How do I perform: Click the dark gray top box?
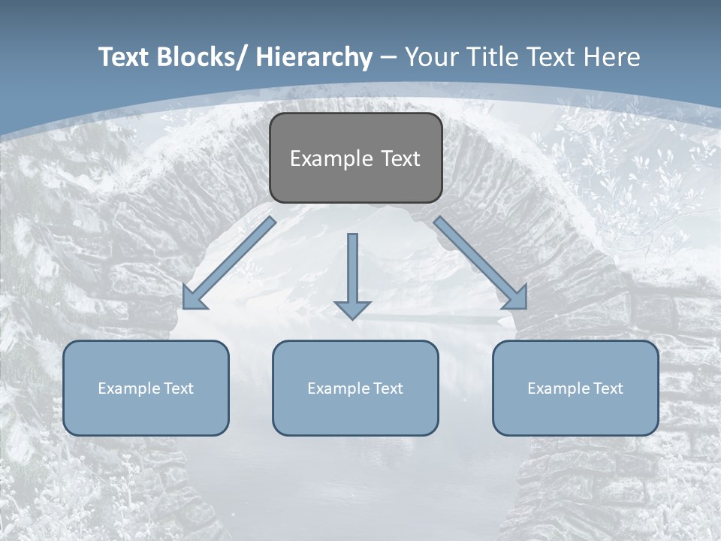(355, 158)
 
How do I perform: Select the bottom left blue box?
(146, 388)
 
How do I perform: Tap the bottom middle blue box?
(355, 388)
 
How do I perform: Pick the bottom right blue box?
(575, 388)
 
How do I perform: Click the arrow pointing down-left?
(229, 263)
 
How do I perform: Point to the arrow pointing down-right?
(480, 263)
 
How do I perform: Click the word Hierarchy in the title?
(314, 57)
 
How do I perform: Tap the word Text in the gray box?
(400, 159)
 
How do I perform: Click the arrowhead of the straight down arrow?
(352, 309)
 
